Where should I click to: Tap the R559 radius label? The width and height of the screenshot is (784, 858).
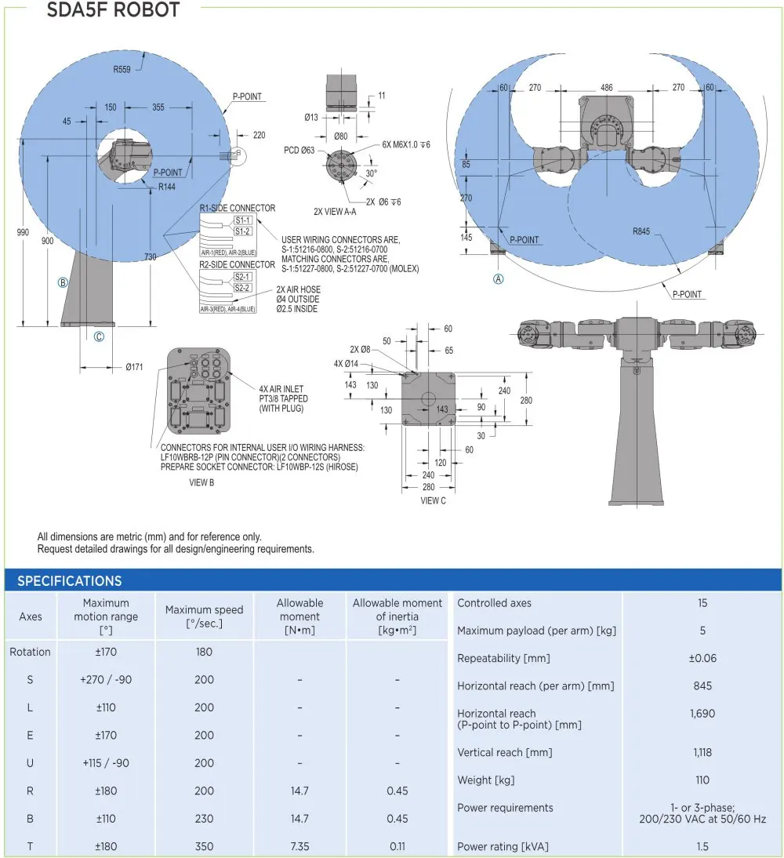(x=122, y=70)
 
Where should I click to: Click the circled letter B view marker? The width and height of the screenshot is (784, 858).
(x=63, y=282)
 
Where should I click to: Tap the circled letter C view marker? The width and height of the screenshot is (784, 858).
(x=99, y=336)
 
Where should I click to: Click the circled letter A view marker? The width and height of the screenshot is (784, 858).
(x=498, y=278)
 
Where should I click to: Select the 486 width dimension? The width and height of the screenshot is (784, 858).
(x=606, y=88)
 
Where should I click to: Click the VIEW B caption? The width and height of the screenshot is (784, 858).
(x=201, y=482)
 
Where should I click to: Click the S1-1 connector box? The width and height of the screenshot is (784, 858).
(x=242, y=220)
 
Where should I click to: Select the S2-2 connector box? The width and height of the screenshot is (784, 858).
(x=242, y=288)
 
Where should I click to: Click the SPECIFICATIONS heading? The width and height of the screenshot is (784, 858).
(x=69, y=581)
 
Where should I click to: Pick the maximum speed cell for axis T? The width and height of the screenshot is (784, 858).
(x=204, y=846)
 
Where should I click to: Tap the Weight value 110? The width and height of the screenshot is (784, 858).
(x=702, y=780)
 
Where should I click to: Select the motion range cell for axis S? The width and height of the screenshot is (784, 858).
(x=106, y=679)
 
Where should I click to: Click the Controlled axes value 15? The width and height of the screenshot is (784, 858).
(x=702, y=603)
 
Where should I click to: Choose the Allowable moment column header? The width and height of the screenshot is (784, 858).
(x=299, y=616)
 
